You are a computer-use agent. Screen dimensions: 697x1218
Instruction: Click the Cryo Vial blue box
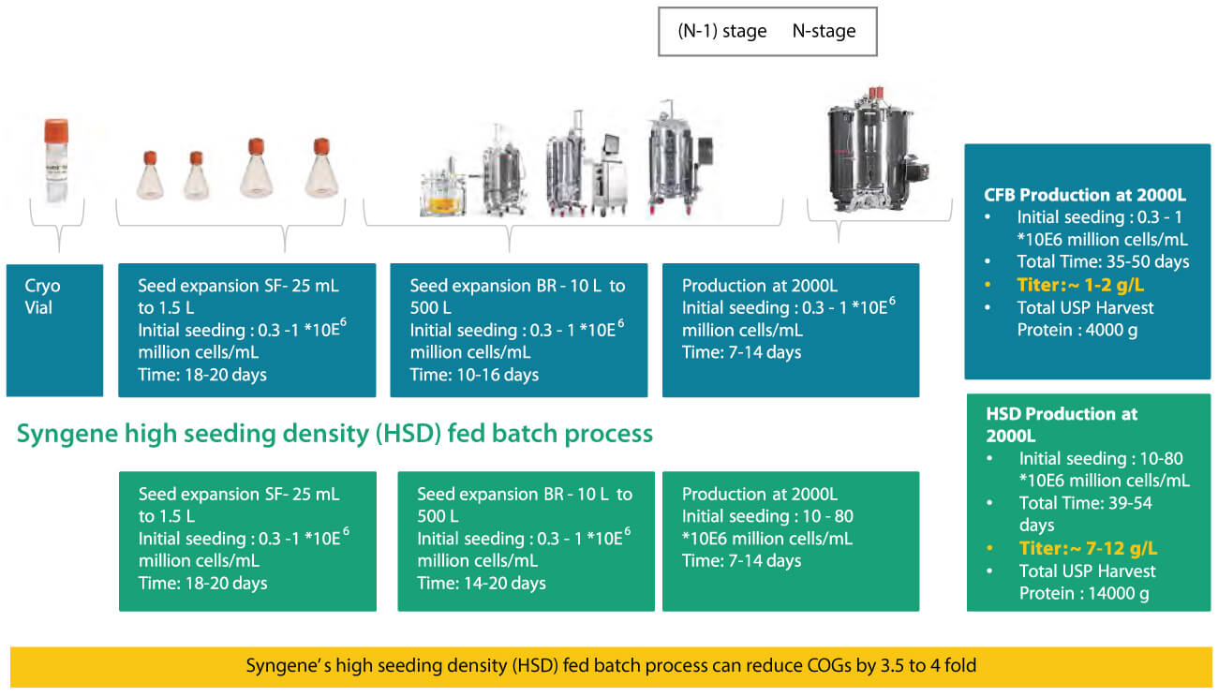tap(54, 329)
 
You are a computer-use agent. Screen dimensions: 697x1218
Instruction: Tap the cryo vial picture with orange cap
tap(59, 174)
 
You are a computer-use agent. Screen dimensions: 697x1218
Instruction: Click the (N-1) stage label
tap(721, 31)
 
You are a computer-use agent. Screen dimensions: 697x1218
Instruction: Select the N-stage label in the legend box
tap(824, 31)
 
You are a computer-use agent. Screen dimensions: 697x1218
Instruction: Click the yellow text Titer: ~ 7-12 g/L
tap(1088, 548)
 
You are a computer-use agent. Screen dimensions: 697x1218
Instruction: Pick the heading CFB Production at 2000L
tap(1085, 195)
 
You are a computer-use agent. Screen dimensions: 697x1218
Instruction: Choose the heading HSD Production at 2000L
tap(1062, 424)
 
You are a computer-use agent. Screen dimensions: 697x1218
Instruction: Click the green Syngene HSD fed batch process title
tap(334, 434)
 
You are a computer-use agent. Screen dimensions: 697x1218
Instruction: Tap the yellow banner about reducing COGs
tap(611, 666)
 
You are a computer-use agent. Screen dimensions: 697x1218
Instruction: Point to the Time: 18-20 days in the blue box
tap(201, 375)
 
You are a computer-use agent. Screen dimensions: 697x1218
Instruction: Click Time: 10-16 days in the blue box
tap(474, 375)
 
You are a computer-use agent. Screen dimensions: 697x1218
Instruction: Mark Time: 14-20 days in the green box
tap(481, 583)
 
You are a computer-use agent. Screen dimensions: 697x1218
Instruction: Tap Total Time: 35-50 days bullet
tap(1102, 261)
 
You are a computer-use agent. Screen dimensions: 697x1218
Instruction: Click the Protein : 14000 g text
tap(1083, 593)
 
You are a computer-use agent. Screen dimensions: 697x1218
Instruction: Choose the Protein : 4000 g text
tap(1077, 330)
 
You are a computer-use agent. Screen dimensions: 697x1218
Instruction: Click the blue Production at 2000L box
tap(790, 329)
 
